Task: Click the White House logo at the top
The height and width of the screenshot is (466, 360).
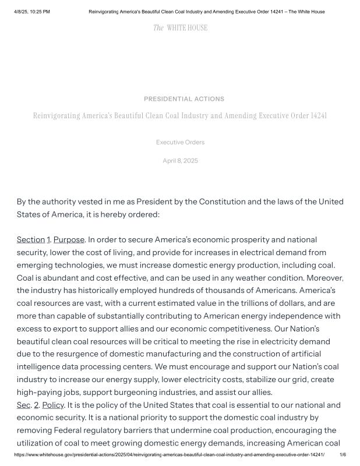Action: pyautogui.click(x=180, y=27)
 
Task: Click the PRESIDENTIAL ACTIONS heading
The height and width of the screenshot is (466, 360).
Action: pyautogui.click(x=184, y=99)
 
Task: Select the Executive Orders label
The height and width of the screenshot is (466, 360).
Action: pyautogui.click(x=180, y=142)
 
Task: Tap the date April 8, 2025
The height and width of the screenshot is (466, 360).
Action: pyautogui.click(x=180, y=161)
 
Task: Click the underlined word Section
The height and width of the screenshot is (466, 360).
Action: pyautogui.click(x=30, y=240)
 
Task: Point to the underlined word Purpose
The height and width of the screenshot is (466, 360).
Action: pyautogui.click(x=69, y=240)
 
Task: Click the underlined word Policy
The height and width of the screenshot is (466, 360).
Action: pyautogui.click(x=53, y=405)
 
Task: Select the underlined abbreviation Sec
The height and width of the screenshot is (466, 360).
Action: pyautogui.click(x=23, y=405)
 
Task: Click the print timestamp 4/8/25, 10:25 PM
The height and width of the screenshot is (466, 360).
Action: pyautogui.click(x=31, y=12)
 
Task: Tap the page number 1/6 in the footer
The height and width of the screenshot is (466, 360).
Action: pyautogui.click(x=343, y=455)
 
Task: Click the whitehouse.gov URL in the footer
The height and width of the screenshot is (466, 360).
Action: pyautogui.click(x=169, y=455)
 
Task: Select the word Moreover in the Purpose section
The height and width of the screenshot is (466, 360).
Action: pyautogui.click(x=326, y=278)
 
